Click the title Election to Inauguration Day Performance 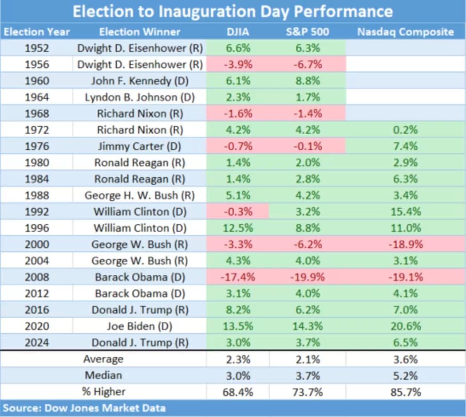pyautogui.click(x=233, y=12)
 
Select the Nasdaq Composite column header pyautogui.click(x=406, y=32)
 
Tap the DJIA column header pyautogui.click(x=237, y=32)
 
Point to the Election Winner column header pyautogui.click(x=139, y=32)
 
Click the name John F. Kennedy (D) pyautogui.click(x=139, y=81)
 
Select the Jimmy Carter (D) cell pyautogui.click(x=139, y=146)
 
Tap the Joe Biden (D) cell pyautogui.click(x=139, y=326)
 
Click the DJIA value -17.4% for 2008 pyautogui.click(x=237, y=277)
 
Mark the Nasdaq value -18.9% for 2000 pyautogui.click(x=406, y=244)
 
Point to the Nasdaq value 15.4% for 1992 pyautogui.click(x=406, y=211)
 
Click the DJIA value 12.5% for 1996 pyautogui.click(x=237, y=228)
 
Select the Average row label pyautogui.click(x=103, y=359)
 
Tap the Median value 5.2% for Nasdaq pyautogui.click(x=406, y=375)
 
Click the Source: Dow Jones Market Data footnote pyautogui.click(x=84, y=408)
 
